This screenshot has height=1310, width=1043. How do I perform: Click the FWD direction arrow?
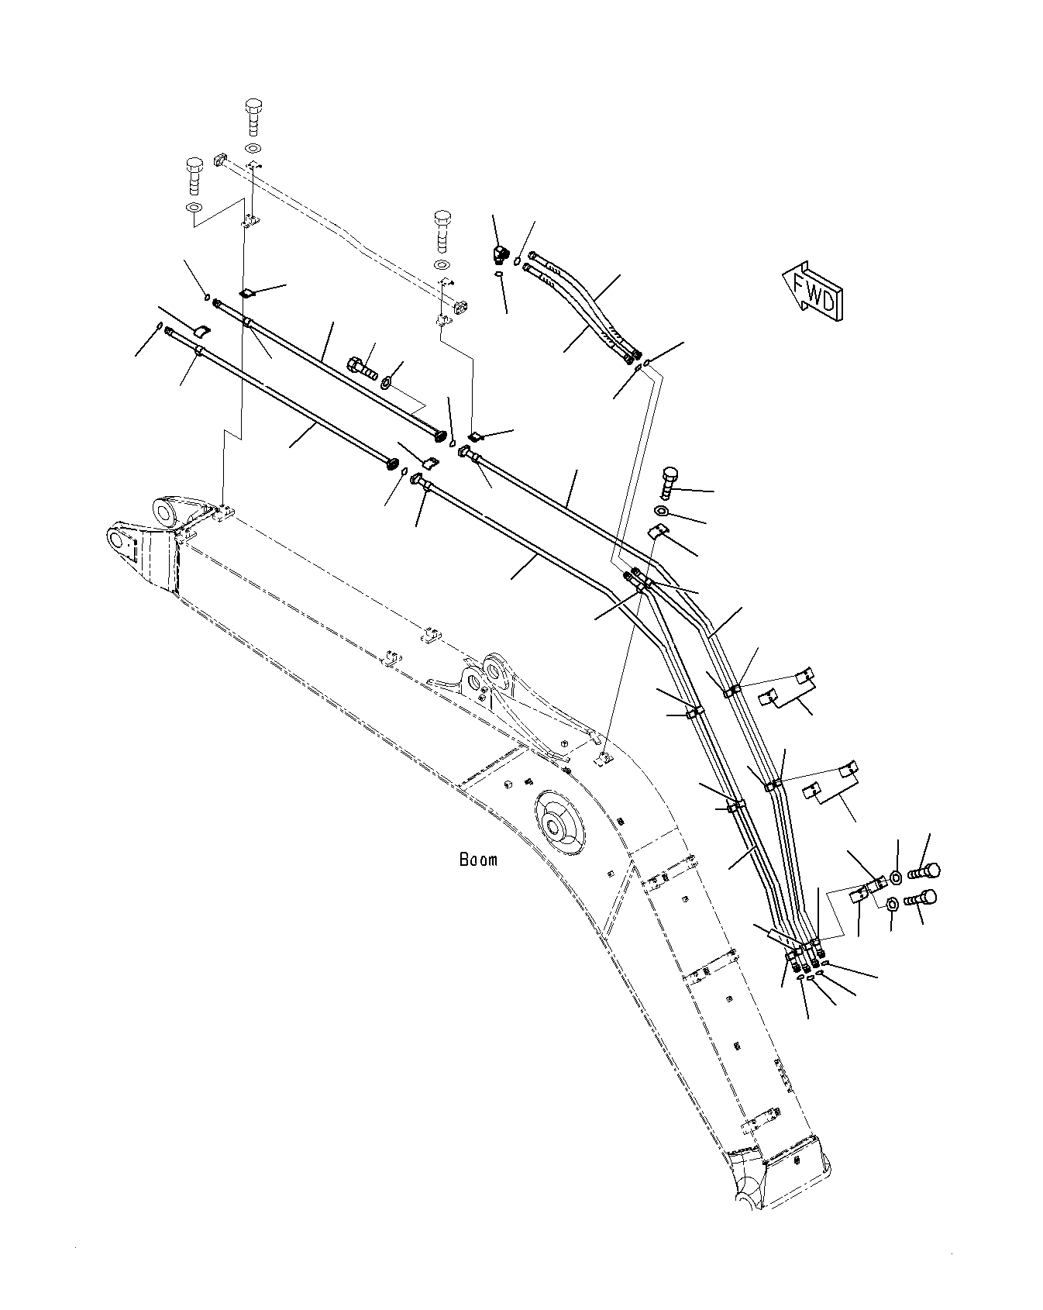click(x=814, y=289)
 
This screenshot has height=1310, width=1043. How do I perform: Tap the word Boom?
click(x=479, y=859)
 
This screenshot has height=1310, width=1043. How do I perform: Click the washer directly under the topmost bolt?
click(x=253, y=148)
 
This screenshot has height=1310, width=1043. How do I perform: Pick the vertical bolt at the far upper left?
click(x=194, y=176)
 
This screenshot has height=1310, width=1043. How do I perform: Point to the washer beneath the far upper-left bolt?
click(x=194, y=209)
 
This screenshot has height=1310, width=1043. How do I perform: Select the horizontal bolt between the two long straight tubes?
click(x=362, y=365)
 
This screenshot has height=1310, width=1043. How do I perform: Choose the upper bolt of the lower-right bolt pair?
click(x=924, y=870)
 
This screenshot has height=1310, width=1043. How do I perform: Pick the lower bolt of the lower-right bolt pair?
click(x=920, y=899)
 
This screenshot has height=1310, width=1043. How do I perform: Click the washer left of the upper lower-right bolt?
click(x=896, y=877)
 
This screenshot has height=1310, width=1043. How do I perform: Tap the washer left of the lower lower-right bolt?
click(x=891, y=904)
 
